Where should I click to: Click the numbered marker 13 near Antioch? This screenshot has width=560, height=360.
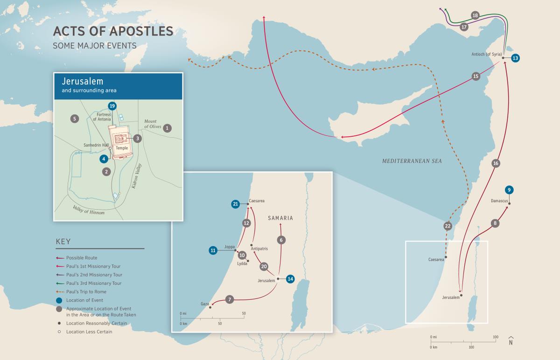pos(515,58)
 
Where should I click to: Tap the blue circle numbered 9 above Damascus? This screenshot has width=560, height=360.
pos(509,190)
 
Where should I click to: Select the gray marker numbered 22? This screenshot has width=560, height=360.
pos(448,226)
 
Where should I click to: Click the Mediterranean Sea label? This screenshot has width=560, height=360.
pos(412,161)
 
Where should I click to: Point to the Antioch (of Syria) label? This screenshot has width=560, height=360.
pos(485,54)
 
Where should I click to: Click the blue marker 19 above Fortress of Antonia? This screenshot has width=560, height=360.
pos(112,106)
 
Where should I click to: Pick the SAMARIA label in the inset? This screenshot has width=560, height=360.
pos(280,218)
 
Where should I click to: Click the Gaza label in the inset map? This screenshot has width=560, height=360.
pos(205,304)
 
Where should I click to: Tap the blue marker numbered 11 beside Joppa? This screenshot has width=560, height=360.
pos(213,251)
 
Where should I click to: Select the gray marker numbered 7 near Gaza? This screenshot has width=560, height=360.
pos(229,300)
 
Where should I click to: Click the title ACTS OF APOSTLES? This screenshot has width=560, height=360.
pos(113,31)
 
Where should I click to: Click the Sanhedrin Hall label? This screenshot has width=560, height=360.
pos(96,145)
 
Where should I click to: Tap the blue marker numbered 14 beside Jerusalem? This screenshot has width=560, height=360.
pos(291,279)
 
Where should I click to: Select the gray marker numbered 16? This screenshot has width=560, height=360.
pos(496,163)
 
